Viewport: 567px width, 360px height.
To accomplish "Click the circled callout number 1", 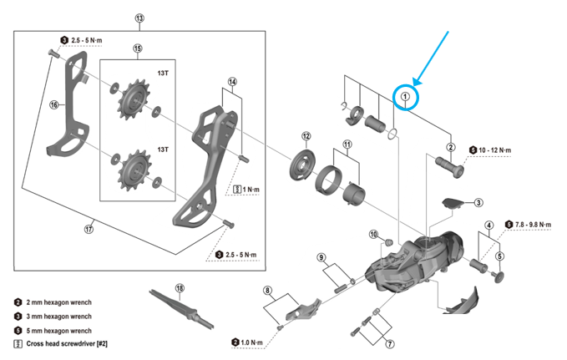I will coord(405,97).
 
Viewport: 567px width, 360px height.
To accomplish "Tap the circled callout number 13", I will coord(139,18).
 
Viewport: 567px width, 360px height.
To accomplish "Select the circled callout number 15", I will coord(138,48).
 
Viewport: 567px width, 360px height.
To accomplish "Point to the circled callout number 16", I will coord(53,105).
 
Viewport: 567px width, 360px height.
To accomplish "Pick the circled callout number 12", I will coord(306,136).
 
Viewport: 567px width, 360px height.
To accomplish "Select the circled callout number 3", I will coord(478,202).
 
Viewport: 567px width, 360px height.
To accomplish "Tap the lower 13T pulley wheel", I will coord(133,170).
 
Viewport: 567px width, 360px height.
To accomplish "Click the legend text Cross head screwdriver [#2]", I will coord(66,343).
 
